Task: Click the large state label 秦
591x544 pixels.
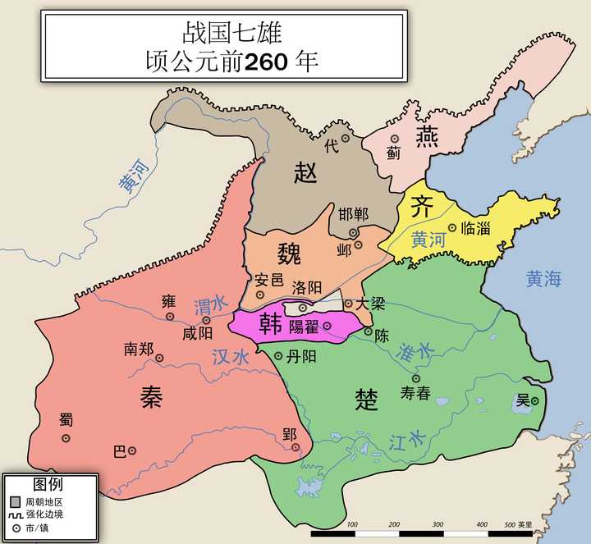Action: tap(151, 397)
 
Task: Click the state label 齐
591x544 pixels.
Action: tap(421, 206)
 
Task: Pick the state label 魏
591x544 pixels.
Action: tap(289, 251)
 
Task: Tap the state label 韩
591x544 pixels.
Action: tap(271, 322)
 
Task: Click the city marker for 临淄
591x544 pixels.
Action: tap(452, 228)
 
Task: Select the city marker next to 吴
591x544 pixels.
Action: tap(534, 400)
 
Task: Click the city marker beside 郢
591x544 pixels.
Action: tap(296, 447)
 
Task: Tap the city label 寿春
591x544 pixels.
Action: tap(415, 393)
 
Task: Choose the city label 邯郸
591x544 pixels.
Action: tap(354, 214)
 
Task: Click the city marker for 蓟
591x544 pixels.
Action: tap(394, 139)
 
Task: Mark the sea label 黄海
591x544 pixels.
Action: tap(544, 279)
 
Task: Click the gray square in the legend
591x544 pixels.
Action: tap(15, 500)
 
